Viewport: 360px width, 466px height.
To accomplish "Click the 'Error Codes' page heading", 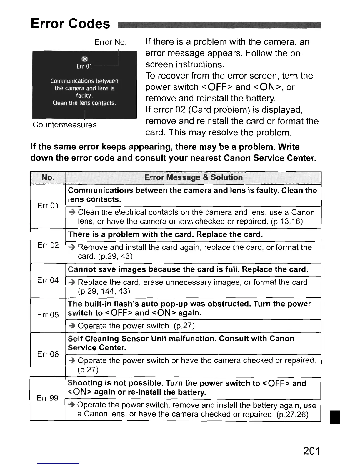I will (x=70, y=23).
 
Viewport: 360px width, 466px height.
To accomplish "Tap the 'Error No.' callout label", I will (x=111, y=42).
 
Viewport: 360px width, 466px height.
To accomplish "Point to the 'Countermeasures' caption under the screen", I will (x=64, y=125).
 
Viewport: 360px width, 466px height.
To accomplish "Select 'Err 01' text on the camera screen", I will (x=84, y=66).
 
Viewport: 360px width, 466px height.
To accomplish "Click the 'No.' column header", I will (x=48, y=177).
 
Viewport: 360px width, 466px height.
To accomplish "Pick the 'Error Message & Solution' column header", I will (x=194, y=177).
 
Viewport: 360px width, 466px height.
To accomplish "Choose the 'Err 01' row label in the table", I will (x=48, y=205).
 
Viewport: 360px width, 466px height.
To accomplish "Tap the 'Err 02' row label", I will (x=48, y=245).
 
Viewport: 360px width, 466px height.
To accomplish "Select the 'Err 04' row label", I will (x=48, y=280).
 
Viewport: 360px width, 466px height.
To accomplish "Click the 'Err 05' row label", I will (x=48, y=315).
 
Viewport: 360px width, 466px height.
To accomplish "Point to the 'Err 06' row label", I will (x=48, y=354).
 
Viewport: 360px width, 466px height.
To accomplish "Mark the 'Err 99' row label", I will (x=47, y=398).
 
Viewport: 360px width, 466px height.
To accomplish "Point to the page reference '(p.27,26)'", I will (x=292, y=414).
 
